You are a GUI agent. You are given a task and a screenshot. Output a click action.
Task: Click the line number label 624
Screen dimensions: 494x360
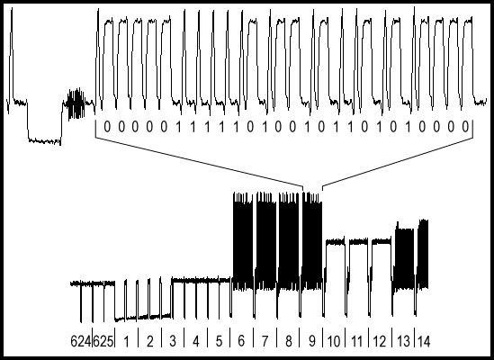(81, 341)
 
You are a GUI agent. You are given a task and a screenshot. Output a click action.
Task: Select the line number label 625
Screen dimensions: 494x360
(103, 341)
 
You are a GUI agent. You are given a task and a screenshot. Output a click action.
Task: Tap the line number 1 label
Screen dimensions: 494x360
(127, 341)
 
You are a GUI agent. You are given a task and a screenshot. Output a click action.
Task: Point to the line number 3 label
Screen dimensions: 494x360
(173, 341)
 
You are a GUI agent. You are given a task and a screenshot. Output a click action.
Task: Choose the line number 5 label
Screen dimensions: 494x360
(219, 341)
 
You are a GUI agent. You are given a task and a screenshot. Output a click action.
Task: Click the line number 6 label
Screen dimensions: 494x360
(242, 341)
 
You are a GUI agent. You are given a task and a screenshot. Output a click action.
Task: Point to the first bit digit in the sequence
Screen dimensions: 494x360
(107, 127)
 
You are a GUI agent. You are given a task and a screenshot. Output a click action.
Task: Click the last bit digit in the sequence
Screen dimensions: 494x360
(465, 127)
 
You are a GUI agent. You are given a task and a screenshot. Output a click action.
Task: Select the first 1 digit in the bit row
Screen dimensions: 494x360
(179, 127)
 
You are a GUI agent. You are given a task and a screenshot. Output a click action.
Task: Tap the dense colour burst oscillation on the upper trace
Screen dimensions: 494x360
(76, 104)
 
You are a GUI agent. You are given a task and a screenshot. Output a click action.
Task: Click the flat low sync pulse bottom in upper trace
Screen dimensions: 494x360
(44, 140)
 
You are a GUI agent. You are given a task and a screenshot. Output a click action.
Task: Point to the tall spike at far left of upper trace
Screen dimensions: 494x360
(12, 55)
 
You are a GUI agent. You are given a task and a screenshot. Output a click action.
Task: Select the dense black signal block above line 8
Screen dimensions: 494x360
(289, 241)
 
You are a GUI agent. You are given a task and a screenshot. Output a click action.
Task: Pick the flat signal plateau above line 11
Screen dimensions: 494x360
(358, 242)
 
